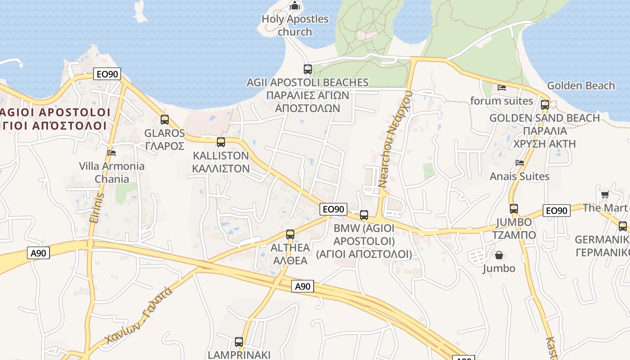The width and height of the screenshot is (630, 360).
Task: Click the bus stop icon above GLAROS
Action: click(165, 120)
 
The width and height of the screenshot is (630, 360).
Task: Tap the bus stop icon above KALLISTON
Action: click(221, 142)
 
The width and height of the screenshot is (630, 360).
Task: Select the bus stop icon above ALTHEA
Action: click(290, 234)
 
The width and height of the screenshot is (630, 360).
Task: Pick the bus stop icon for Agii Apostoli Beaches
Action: click(308, 69)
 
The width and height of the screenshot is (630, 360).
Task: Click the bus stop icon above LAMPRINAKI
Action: click(239, 342)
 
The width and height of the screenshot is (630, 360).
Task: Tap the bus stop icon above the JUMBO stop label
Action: click(514, 209)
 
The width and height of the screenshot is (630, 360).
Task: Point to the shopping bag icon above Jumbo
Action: click(499, 256)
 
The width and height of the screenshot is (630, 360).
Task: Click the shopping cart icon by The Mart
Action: click(605, 195)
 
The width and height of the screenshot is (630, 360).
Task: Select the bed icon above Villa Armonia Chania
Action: click(112, 153)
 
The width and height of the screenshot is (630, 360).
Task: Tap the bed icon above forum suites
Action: click(502, 87)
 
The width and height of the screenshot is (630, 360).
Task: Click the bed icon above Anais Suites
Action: click(520, 163)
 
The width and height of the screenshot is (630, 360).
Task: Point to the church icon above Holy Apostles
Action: click(295, 6)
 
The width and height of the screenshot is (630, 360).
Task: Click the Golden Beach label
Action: click(580, 85)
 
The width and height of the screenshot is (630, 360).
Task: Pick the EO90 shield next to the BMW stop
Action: click(333, 209)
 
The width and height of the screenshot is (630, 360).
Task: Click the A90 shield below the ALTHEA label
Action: click(302, 286)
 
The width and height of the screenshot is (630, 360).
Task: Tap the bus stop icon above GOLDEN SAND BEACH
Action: click(545, 105)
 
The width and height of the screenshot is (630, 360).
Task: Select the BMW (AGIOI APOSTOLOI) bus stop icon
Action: click(364, 215)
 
